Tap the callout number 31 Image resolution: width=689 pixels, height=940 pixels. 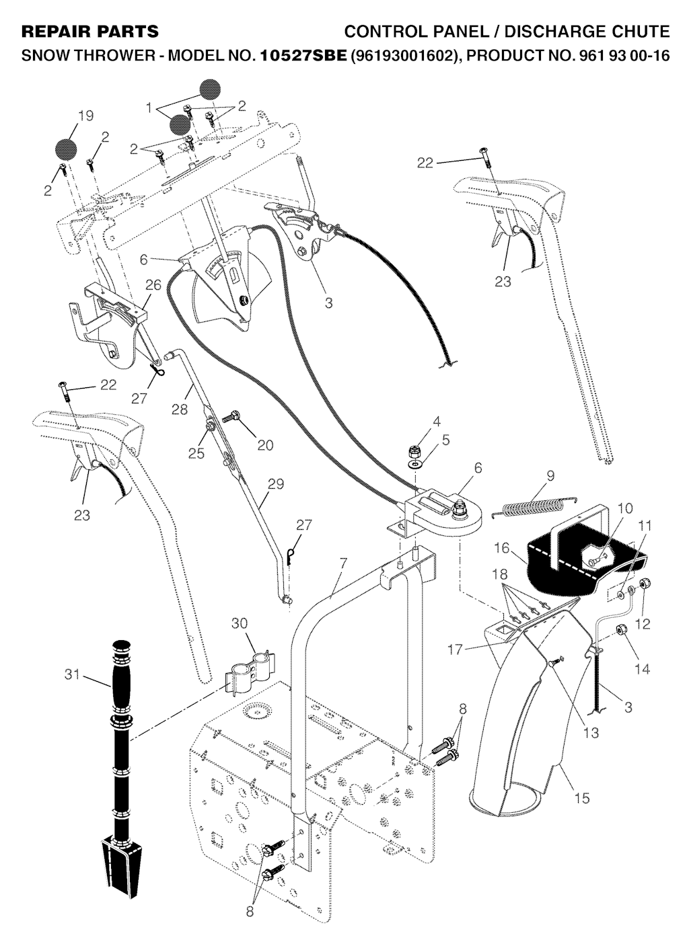(72, 675)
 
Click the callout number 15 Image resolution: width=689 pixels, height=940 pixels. (583, 797)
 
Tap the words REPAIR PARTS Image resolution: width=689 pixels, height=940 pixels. (90, 32)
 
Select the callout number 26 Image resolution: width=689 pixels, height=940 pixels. (153, 285)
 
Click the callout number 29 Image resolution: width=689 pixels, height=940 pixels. (275, 484)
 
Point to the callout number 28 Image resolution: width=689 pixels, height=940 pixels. (179, 409)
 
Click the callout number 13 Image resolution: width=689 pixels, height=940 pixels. (591, 733)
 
